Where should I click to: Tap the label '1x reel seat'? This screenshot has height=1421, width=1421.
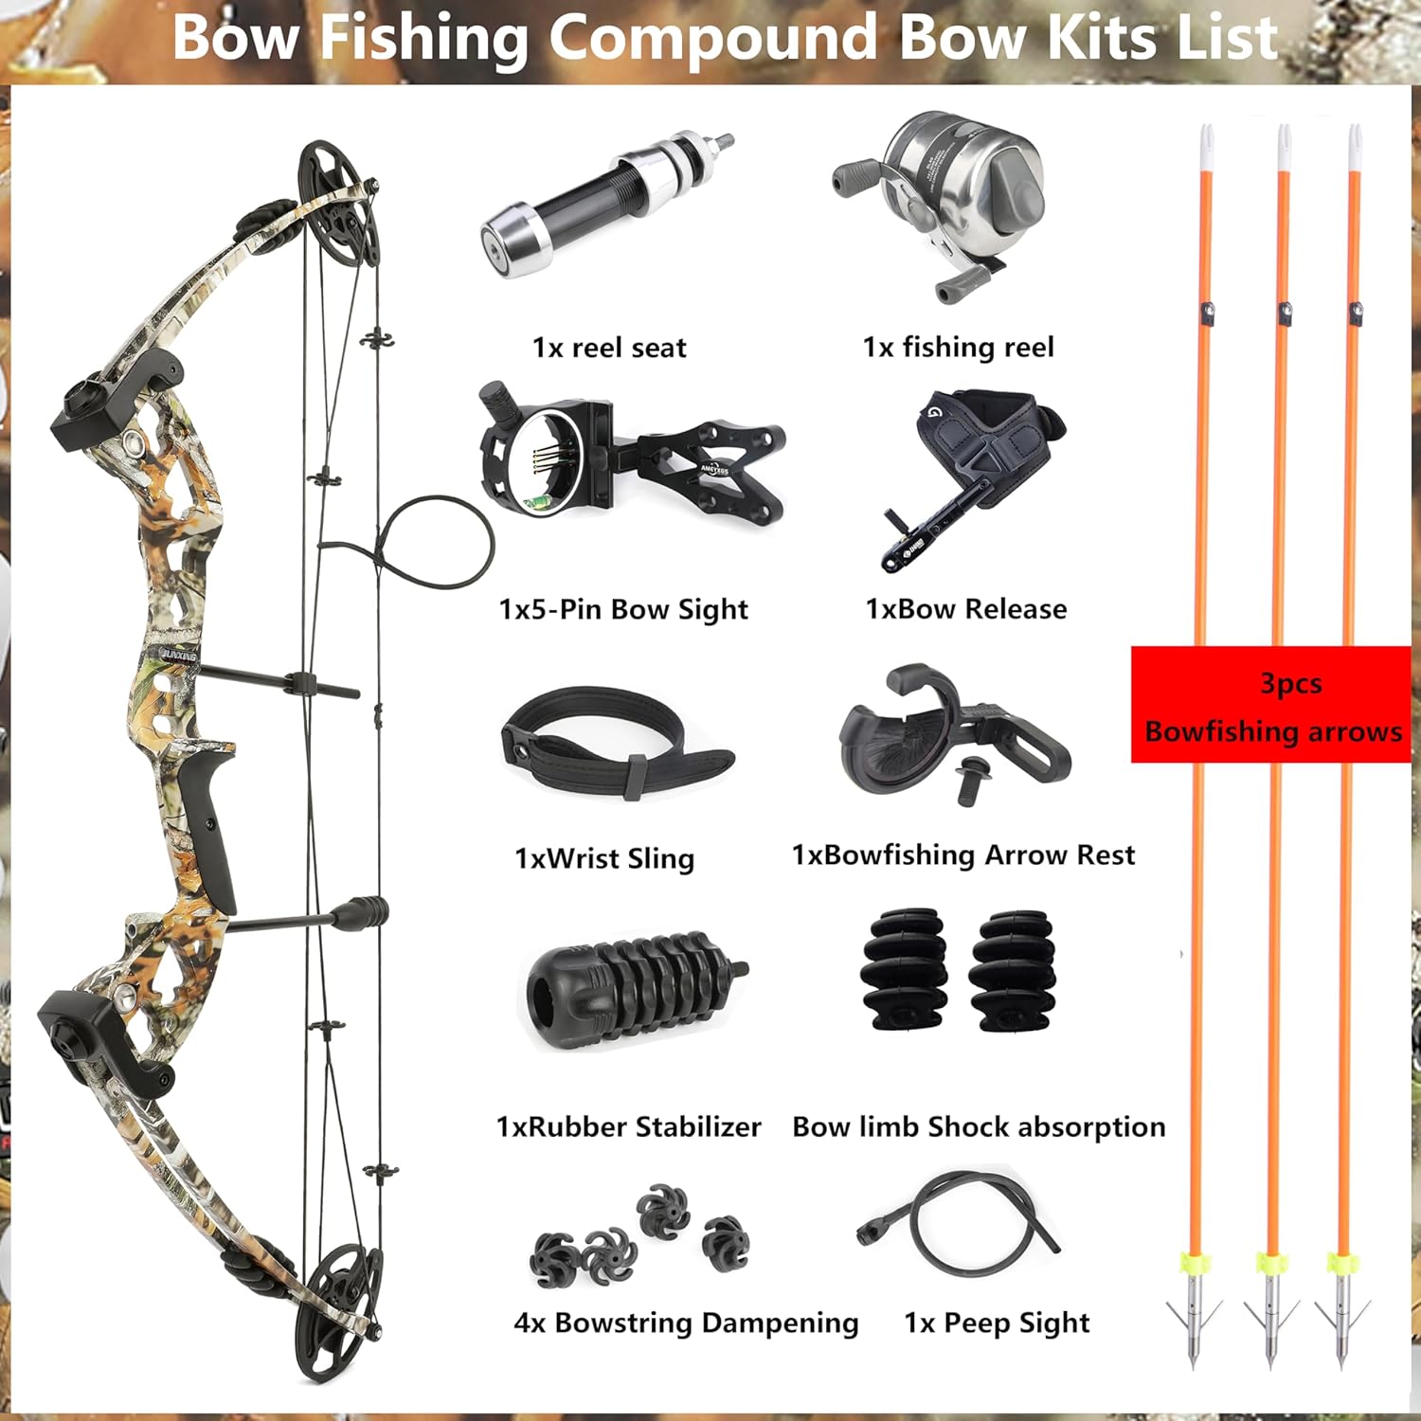[609, 348]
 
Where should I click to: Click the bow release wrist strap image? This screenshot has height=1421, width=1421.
[976, 474]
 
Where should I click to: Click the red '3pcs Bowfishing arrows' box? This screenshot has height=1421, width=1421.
[1271, 706]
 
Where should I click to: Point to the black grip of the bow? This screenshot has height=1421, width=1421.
[213, 824]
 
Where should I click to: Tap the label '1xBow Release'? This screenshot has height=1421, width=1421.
[966, 609]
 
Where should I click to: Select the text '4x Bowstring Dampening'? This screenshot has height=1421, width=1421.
[686, 1322]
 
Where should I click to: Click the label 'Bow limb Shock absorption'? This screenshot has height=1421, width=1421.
[979, 1126]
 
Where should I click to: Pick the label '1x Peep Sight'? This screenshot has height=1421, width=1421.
[997, 1322]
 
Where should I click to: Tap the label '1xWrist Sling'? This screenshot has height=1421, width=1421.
[604, 858]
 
